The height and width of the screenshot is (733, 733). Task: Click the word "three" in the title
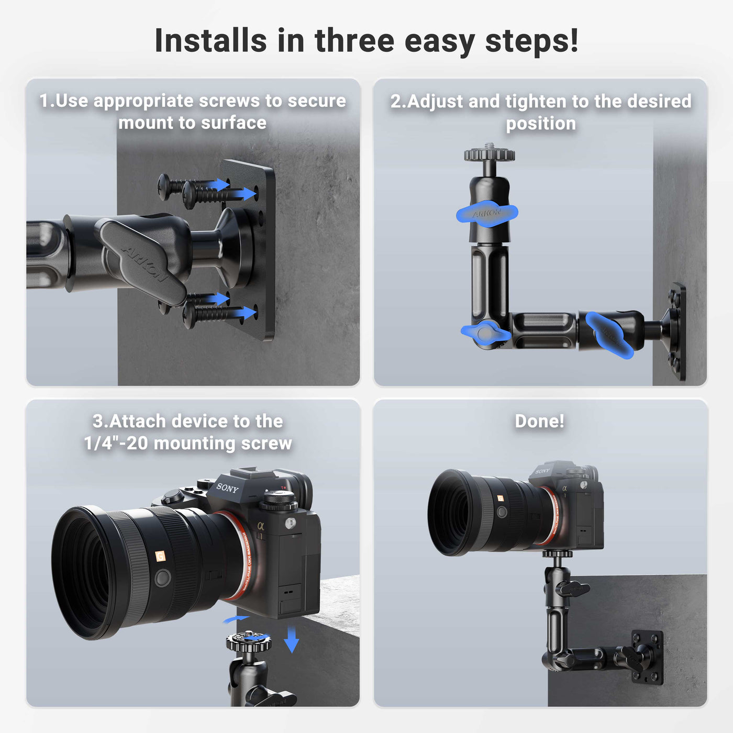coord(354,41)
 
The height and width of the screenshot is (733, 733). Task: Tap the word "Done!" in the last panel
coord(539,421)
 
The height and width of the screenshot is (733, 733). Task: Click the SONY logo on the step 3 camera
coord(227,488)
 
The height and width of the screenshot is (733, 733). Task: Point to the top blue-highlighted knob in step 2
coord(487,214)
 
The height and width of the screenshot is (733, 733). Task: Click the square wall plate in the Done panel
coord(648,657)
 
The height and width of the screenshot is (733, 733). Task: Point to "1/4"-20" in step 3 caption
coord(116,443)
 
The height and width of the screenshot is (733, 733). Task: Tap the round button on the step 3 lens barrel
coord(162,578)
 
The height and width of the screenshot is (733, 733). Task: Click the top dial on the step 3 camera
coord(279,501)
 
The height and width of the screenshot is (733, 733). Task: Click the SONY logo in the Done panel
coord(542,471)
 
